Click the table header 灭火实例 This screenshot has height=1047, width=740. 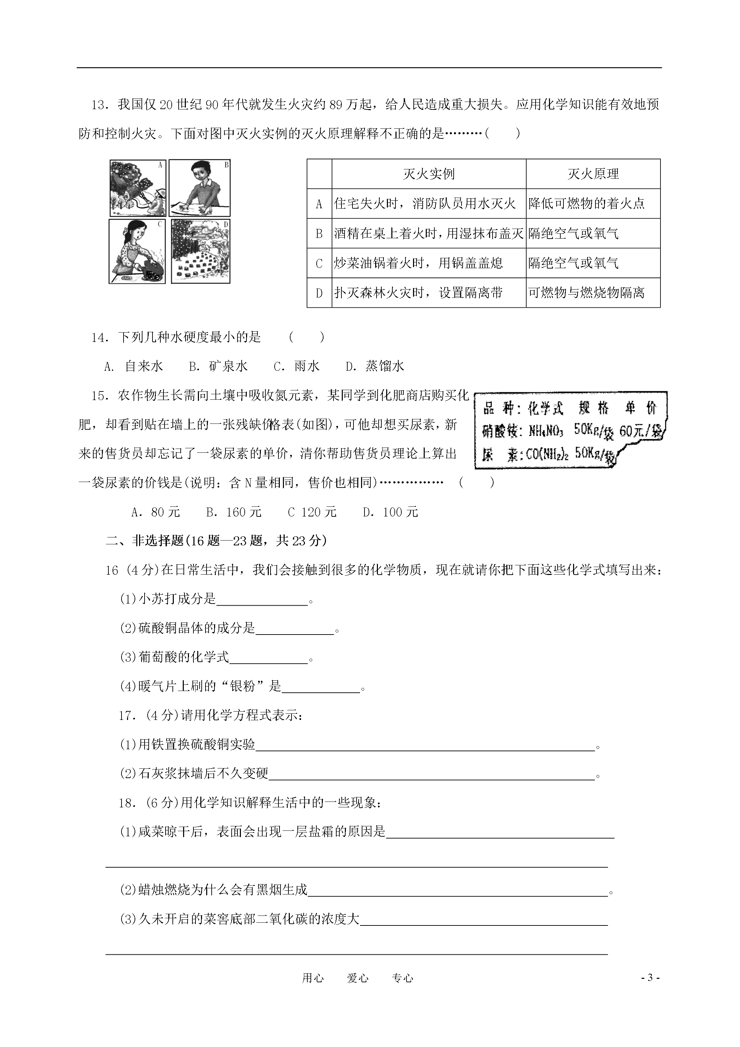point(429,174)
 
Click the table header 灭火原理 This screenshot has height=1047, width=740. point(593,174)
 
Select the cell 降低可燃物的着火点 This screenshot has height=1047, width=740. point(587,203)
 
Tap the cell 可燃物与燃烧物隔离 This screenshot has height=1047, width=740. point(587,292)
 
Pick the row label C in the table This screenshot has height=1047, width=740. point(319,263)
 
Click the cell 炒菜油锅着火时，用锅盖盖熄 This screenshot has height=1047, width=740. point(419,263)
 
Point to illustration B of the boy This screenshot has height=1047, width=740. point(200,188)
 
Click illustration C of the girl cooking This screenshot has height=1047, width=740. point(137,251)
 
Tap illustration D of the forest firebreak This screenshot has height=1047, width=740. point(200,251)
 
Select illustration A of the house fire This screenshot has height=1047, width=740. point(138,188)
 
